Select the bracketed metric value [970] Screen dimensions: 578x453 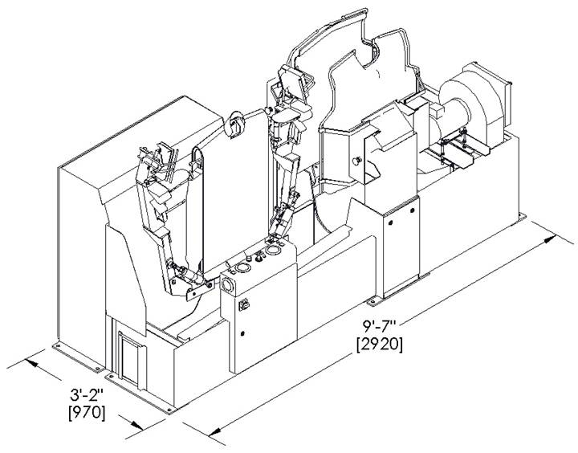point(87,412)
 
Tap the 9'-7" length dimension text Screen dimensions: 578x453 point(379,326)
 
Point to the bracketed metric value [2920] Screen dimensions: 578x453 point(379,345)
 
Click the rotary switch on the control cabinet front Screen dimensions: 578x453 point(244,305)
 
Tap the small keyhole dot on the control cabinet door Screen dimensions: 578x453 point(242,334)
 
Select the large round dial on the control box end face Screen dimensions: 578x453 point(226,285)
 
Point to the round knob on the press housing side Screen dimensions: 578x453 point(356,161)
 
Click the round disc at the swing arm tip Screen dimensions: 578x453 point(234,124)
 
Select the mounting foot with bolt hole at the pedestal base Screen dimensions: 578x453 point(374,301)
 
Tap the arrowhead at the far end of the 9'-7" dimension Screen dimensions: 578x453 point(551,239)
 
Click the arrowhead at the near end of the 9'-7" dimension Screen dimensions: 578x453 point(215,431)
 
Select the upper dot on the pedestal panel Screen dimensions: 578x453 point(412,210)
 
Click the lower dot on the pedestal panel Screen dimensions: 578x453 point(391,222)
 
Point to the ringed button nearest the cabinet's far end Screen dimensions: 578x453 point(273,251)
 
